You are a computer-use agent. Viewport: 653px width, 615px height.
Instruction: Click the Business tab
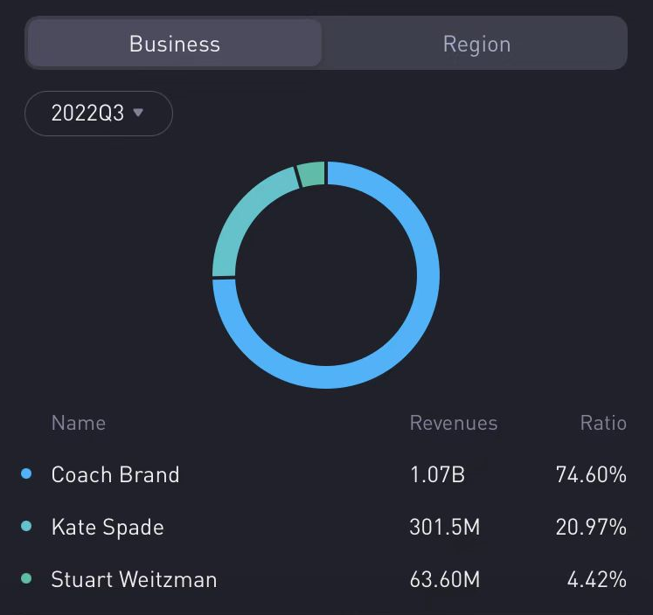175,44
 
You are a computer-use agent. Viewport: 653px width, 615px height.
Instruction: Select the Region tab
476,44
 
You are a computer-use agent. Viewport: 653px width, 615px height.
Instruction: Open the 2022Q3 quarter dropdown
98,114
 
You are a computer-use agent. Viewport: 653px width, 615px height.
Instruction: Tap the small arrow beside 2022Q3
138,113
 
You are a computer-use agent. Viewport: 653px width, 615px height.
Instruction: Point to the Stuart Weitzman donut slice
312,174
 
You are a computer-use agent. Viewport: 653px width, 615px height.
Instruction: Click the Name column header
79,423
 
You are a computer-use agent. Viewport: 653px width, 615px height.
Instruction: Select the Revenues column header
454,423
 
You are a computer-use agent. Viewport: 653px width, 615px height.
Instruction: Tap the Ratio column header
603,423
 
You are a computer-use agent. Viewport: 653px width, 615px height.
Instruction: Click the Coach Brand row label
115,474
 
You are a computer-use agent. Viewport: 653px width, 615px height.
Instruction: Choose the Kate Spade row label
108,527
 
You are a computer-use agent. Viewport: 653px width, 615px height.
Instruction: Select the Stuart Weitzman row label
134,579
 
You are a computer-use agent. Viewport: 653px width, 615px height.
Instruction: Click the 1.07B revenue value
437,474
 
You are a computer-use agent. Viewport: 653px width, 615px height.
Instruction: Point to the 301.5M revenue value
445,527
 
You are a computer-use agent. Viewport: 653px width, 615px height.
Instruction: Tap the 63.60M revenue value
445,579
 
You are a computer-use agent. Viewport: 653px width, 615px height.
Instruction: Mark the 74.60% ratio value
591,474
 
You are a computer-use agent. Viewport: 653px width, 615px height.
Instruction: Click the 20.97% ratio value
591,527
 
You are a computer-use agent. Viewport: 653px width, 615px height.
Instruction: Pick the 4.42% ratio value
597,579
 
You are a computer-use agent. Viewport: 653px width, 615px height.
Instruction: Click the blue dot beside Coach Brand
26,473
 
